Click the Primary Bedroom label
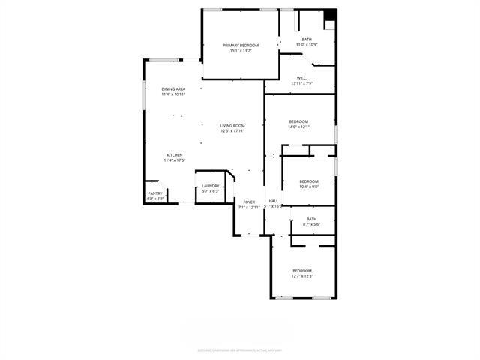(x=241, y=46)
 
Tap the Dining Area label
(x=173, y=89)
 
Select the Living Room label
(x=232, y=126)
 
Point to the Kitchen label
(x=174, y=155)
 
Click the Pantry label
(x=155, y=193)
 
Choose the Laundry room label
(x=210, y=186)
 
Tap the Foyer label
(x=249, y=202)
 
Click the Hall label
(x=274, y=201)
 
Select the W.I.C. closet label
(x=301, y=78)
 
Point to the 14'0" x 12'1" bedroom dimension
(x=298, y=127)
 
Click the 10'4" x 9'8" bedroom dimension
(x=309, y=187)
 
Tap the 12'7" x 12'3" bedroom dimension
(x=302, y=276)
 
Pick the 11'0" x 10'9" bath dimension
(x=307, y=45)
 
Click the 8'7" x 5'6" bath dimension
(x=311, y=224)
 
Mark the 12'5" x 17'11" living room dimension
(x=232, y=131)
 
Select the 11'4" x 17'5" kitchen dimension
(x=174, y=160)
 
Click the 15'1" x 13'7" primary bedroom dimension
(x=241, y=51)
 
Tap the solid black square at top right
(x=331, y=14)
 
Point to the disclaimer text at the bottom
(x=240, y=349)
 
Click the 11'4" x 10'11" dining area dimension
(x=173, y=94)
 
